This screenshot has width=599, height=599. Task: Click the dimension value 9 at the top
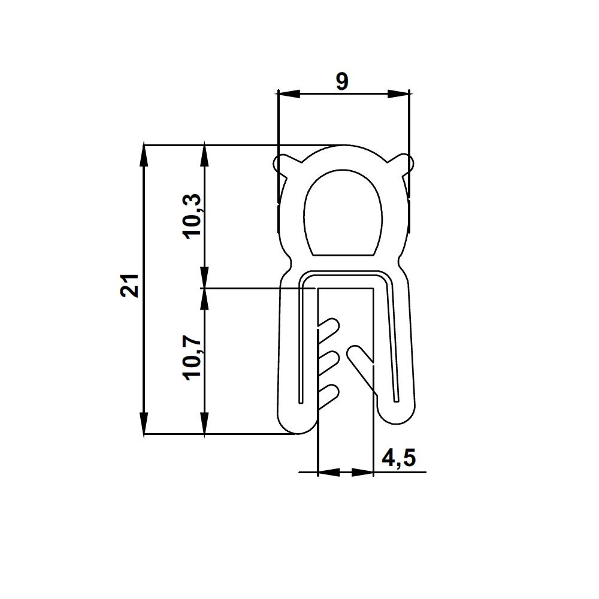click(x=342, y=81)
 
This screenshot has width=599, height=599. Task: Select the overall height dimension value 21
click(x=130, y=285)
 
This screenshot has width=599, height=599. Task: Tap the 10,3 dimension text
click(x=192, y=216)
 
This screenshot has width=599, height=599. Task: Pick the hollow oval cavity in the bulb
click(x=343, y=214)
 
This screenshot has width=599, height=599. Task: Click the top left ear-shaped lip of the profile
click(x=284, y=164)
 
